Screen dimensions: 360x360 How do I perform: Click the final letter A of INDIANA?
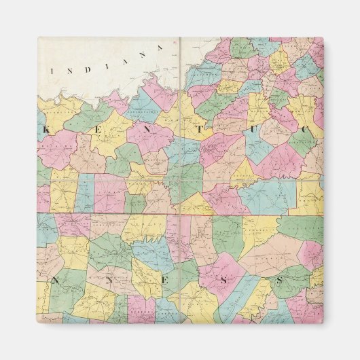click(161, 47)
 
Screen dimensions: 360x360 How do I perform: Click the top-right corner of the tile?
click(323, 37)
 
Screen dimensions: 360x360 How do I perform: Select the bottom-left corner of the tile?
click(37, 323)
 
